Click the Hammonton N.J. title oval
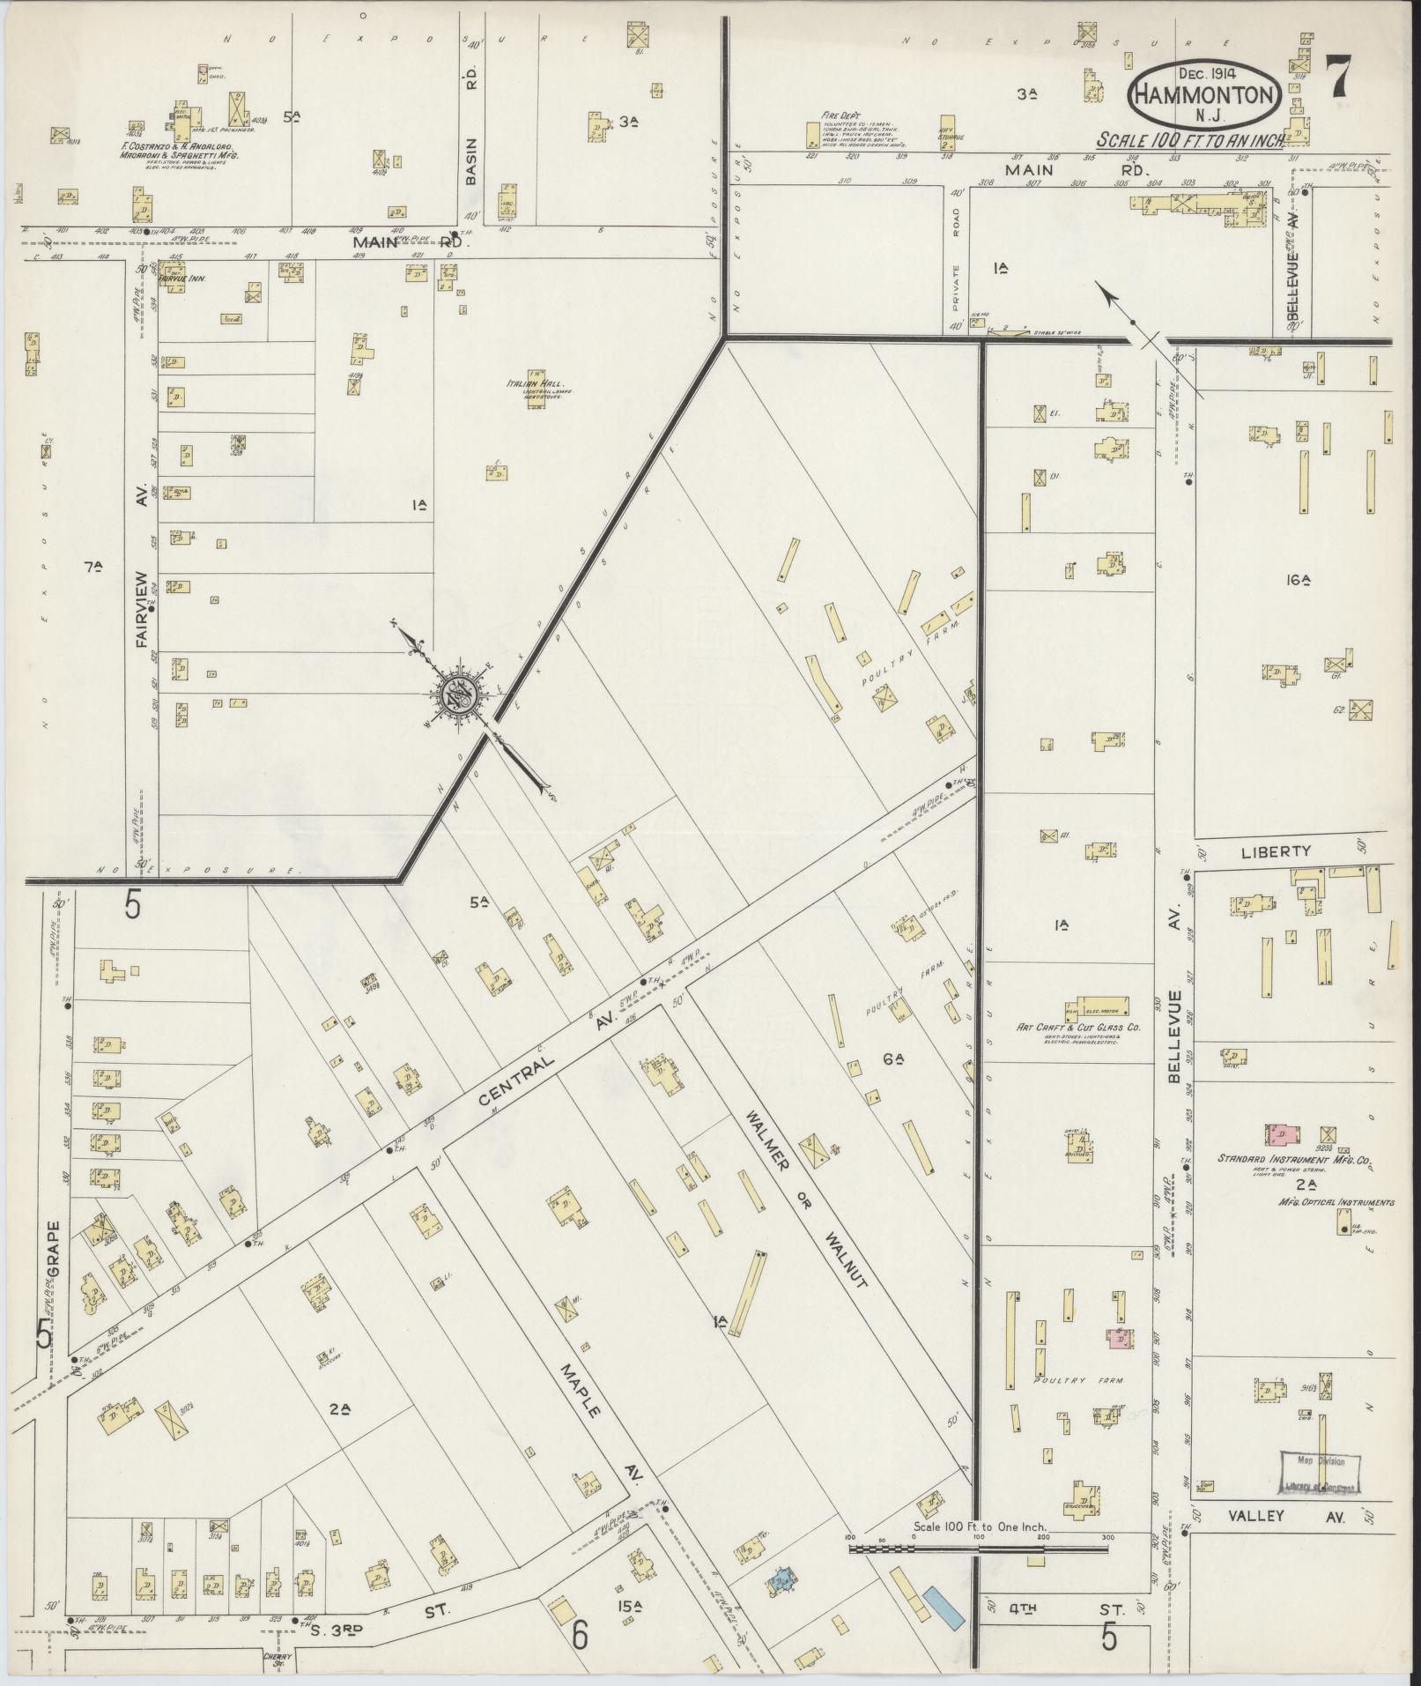tap(1203, 95)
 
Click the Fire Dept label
tap(830, 114)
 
